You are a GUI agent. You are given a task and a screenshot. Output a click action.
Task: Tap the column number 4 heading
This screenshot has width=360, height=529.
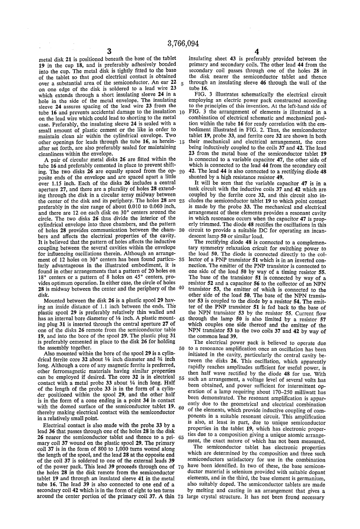257,52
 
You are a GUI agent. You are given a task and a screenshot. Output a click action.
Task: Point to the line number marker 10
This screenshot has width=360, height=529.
182,112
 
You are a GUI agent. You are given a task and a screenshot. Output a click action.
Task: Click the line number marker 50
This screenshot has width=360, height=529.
182,336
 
